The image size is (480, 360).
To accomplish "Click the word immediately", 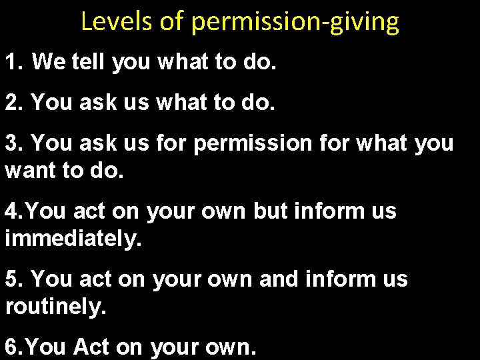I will click(73, 238).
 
